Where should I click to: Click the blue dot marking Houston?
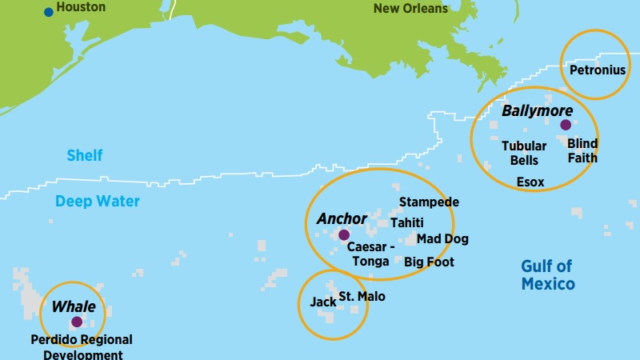tap(49, 11)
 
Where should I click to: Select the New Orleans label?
tap(410, 8)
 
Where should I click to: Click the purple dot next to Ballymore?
tap(566, 125)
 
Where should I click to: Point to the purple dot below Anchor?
tap(343, 235)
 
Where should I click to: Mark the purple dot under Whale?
tap(77, 322)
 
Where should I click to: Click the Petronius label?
tap(597, 70)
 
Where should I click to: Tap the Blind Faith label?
tap(582, 150)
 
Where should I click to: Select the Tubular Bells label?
tap(524, 153)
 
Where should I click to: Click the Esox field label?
tap(530, 182)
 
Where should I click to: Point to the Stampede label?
tap(429, 202)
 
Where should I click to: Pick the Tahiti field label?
tap(406, 222)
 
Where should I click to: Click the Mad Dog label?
tap(442, 239)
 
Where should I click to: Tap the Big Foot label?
tap(429, 262)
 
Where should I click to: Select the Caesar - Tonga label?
tap(368, 254)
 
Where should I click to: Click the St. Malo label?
tap(361, 297)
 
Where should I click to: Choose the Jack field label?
tap(323, 303)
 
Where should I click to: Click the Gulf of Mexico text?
tap(547, 275)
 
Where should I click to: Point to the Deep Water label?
tap(98, 202)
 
